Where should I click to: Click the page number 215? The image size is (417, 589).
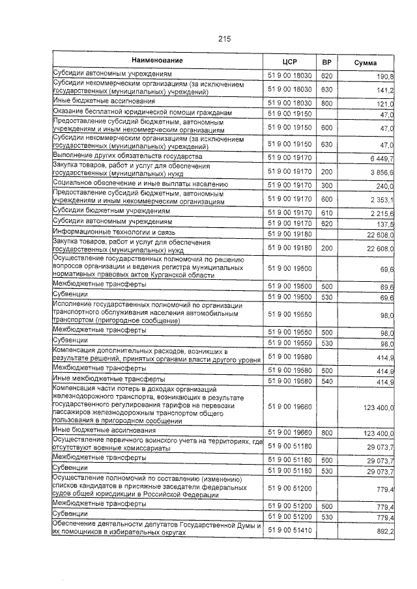point(224,39)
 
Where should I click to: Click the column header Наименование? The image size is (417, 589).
point(157,61)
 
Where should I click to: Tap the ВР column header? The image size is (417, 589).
point(327,62)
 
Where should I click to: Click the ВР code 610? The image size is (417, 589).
point(327,213)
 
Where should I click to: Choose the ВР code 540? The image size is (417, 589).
point(327,380)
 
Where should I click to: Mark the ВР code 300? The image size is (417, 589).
point(327,185)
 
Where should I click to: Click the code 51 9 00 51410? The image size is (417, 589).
point(290,531)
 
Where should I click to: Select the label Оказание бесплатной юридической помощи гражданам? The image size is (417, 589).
point(141,112)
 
